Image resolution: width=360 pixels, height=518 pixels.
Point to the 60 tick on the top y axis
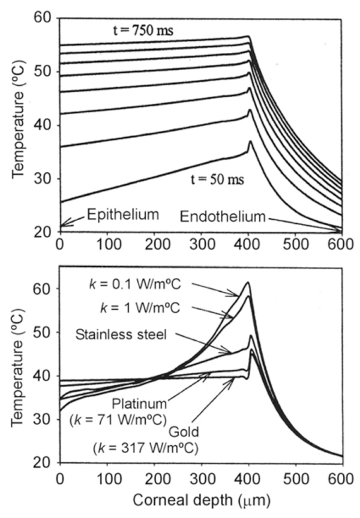pos(43,19)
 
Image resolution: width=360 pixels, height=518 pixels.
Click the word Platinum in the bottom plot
pos(142,402)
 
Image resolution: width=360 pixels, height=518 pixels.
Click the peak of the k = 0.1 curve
pos(247,282)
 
